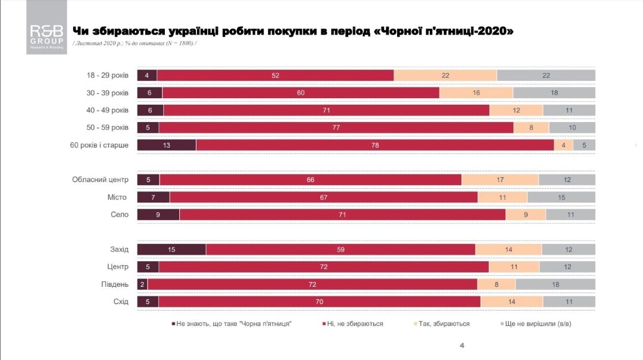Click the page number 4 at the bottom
coord(462,346)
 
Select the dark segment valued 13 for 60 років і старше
coord(167,145)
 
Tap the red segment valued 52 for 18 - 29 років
coord(275,76)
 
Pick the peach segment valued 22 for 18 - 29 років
coord(445,76)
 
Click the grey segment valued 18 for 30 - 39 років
coord(554,93)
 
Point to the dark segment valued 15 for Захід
coord(171,250)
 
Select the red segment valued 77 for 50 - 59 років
coord(336,128)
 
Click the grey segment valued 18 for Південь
coord(555,284)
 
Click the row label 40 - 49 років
coord(107,110)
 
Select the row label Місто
coord(117,198)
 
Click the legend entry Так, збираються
coord(441,324)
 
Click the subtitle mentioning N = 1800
coord(134,43)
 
